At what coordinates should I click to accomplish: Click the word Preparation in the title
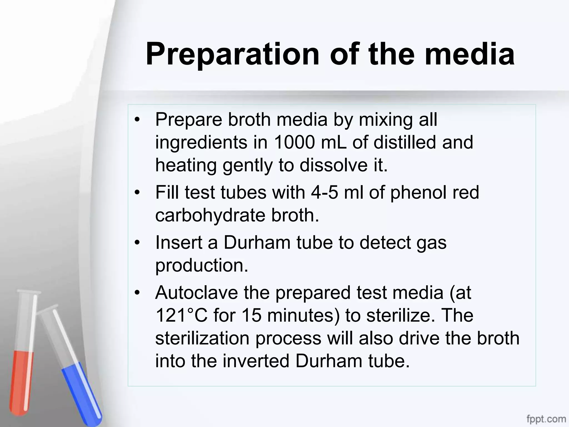click(x=232, y=54)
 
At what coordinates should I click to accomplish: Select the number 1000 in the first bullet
click(x=295, y=142)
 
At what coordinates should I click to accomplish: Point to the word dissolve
click(x=332, y=165)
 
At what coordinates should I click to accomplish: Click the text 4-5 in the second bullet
click(x=325, y=192)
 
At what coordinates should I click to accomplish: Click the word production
click(x=201, y=266)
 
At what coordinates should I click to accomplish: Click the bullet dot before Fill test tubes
click(x=137, y=192)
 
